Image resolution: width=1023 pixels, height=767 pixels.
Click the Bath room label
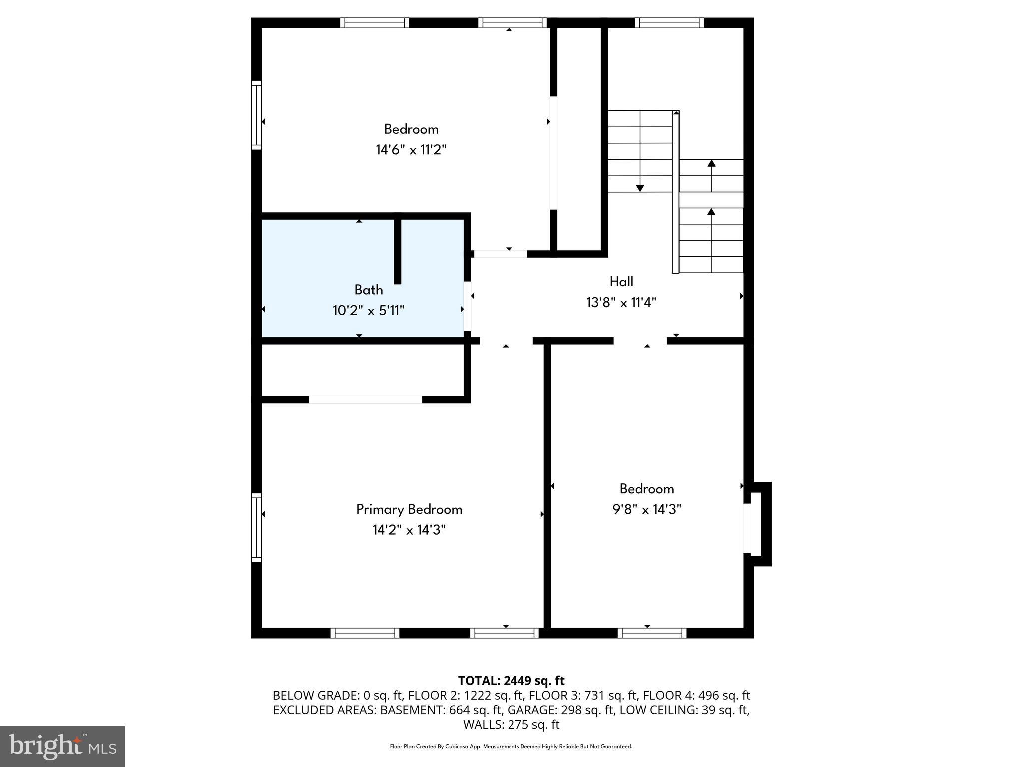[x=369, y=290]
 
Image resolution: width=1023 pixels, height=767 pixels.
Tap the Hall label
[x=621, y=282]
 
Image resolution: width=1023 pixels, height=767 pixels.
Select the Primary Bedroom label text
[x=409, y=509]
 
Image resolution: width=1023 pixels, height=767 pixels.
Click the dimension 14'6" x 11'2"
[x=411, y=150]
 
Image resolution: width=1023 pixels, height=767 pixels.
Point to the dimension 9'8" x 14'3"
[x=647, y=509]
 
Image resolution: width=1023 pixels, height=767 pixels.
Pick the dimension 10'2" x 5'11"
[x=369, y=311]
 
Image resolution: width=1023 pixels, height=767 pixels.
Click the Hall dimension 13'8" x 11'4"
[x=621, y=303]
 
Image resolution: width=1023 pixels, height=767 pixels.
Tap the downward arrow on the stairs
[x=640, y=188]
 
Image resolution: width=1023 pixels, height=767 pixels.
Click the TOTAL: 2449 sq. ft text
[x=511, y=681]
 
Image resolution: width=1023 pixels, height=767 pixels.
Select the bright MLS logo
[x=62, y=746]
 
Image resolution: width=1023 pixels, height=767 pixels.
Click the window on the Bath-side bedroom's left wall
[x=256, y=115]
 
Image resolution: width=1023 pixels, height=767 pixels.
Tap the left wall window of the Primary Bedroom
[x=256, y=527]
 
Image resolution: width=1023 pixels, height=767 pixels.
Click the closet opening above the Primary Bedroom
[x=365, y=399]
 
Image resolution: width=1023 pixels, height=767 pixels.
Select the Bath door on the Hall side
[x=467, y=306]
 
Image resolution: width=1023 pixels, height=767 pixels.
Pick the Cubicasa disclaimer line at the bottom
[x=511, y=746]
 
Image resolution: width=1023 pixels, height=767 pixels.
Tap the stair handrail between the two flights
[x=675, y=192]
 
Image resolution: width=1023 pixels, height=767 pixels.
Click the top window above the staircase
[x=669, y=23]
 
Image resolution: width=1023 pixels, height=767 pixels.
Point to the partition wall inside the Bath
[x=398, y=250]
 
